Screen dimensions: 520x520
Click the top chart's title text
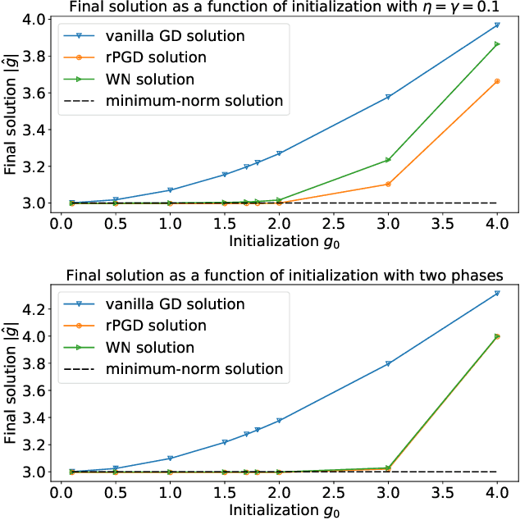pos(278,8)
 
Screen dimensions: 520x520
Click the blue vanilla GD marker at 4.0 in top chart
pos(497,25)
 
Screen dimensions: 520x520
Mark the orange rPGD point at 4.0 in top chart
pos(497,81)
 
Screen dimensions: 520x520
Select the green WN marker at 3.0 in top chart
pos(388,160)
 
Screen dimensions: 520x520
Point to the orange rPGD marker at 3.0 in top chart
pos(388,184)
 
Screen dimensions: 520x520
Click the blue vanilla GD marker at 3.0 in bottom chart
pos(388,363)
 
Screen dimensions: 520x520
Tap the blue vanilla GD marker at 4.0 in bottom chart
pos(497,293)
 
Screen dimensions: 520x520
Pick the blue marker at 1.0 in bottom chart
pos(170,458)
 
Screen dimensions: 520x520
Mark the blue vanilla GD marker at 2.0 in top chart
pos(279,153)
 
